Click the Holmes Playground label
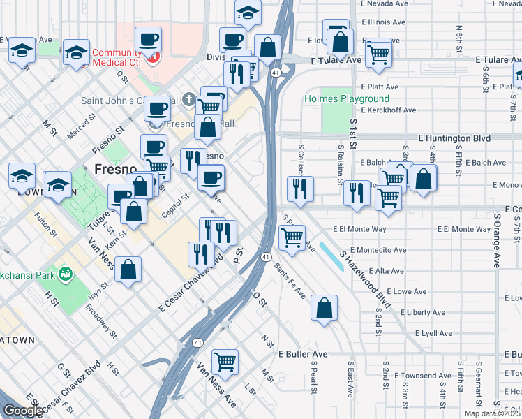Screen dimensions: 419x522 pos(336,98)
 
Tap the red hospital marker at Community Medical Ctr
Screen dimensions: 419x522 pos(155,55)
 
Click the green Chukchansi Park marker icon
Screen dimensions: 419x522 pos(66,272)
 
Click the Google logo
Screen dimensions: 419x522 pos(23,411)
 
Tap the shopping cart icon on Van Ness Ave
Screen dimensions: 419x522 pos(225,362)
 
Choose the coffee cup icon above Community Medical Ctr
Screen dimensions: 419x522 pos(148,39)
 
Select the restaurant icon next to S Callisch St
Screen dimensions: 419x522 pos(300,188)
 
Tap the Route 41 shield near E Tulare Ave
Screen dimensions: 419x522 pos(277,72)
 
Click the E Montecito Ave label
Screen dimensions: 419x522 pos(378,250)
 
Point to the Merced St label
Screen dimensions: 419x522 pos(80,128)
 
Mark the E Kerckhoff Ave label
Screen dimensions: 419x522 pos(385,110)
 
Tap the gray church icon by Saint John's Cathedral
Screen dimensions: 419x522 pos(191,100)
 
